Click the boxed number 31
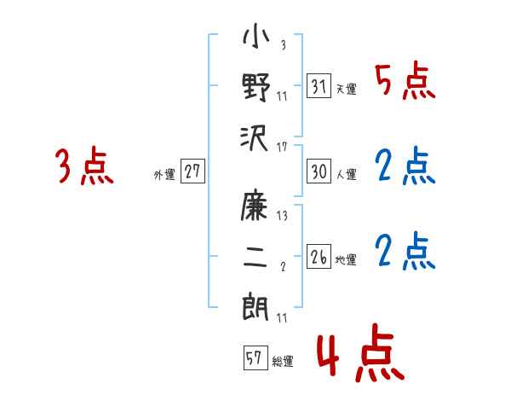pyautogui.click(x=319, y=86)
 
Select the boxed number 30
pyautogui.click(x=319, y=171)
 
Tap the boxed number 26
pyautogui.click(x=319, y=257)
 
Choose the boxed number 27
pyautogui.click(x=192, y=171)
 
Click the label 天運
pyautogui.click(x=346, y=89)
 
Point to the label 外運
pyautogui.click(x=164, y=175)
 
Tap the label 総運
pyautogui.click(x=283, y=361)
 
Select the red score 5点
pyautogui.click(x=405, y=83)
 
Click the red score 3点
pyautogui.click(x=84, y=166)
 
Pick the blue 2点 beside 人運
pyautogui.click(x=405, y=166)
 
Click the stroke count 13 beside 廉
pyautogui.click(x=282, y=217)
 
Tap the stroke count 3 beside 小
pyautogui.click(x=282, y=45)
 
